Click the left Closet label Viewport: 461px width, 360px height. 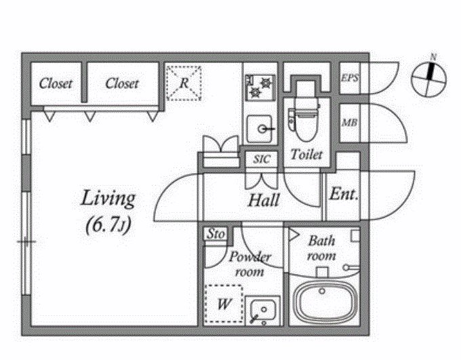pyautogui.click(x=56, y=83)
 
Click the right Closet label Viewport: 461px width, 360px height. pyautogui.click(x=122, y=83)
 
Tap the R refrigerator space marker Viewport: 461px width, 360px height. pyautogui.click(x=184, y=83)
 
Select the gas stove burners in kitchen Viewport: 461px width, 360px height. pyautogui.click(x=260, y=86)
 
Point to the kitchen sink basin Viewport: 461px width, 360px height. pyautogui.click(x=259, y=129)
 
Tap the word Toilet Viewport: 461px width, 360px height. pyautogui.click(x=306, y=155)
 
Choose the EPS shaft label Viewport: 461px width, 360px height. pyautogui.click(x=350, y=78)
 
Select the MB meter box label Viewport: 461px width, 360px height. pyautogui.click(x=350, y=122)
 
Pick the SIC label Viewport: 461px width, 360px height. pyautogui.click(x=262, y=159)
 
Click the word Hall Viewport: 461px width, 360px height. pyautogui.click(x=264, y=200)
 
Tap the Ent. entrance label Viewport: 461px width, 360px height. pyautogui.click(x=344, y=194)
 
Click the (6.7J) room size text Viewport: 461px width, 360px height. pyautogui.click(x=108, y=225)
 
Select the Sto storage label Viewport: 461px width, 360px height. pyautogui.click(x=216, y=234)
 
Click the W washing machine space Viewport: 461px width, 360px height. pyautogui.click(x=224, y=304)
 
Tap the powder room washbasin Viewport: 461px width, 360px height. pyautogui.click(x=263, y=311)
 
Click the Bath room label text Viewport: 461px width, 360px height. pyautogui.click(x=321, y=249)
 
